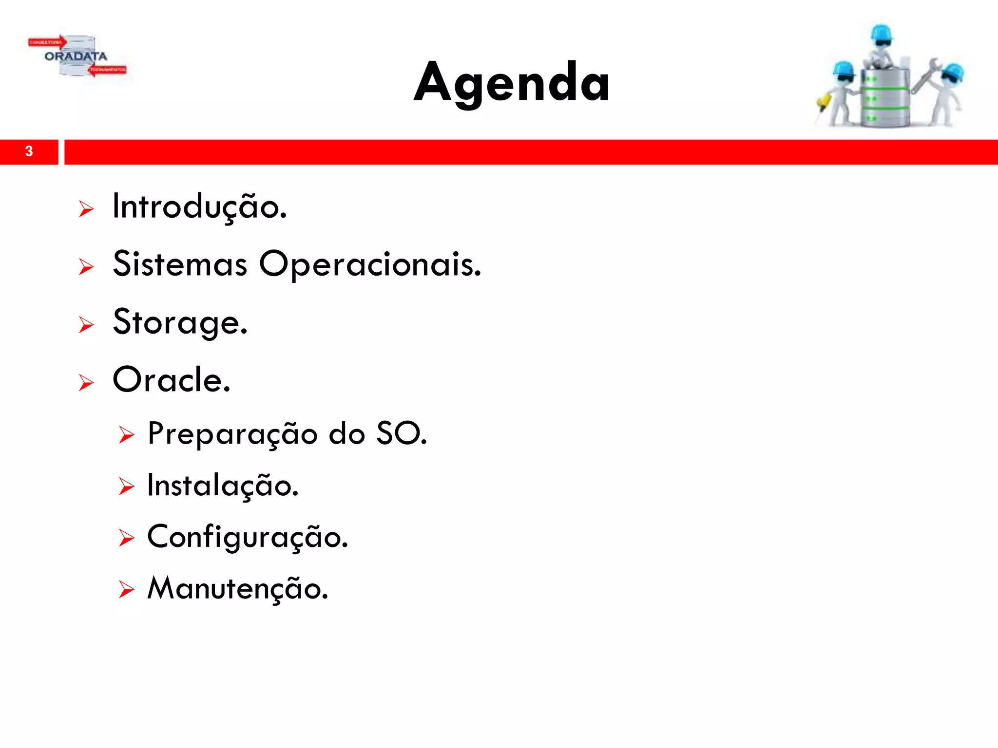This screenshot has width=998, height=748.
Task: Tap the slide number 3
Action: (x=29, y=151)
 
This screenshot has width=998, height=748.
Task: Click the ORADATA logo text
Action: (x=76, y=56)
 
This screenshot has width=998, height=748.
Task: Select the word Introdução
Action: (x=199, y=207)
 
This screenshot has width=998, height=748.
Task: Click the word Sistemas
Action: (x=180, y=264)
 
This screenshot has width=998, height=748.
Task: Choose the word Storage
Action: (x=180, y=322)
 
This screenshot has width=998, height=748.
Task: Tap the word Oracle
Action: (x=171, y=380)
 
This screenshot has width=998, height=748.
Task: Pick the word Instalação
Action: (x=223, y=486)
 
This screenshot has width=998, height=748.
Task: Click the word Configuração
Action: (x=248, y=538)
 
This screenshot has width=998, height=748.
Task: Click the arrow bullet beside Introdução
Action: (x=86, y=209)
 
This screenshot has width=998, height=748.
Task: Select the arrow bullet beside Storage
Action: (x=86, y=325)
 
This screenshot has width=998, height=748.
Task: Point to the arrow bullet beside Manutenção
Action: (x=126, y=590)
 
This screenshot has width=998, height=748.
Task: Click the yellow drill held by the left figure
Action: (x=823, y=102)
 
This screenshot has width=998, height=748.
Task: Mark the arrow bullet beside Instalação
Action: (x=126, y=487)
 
